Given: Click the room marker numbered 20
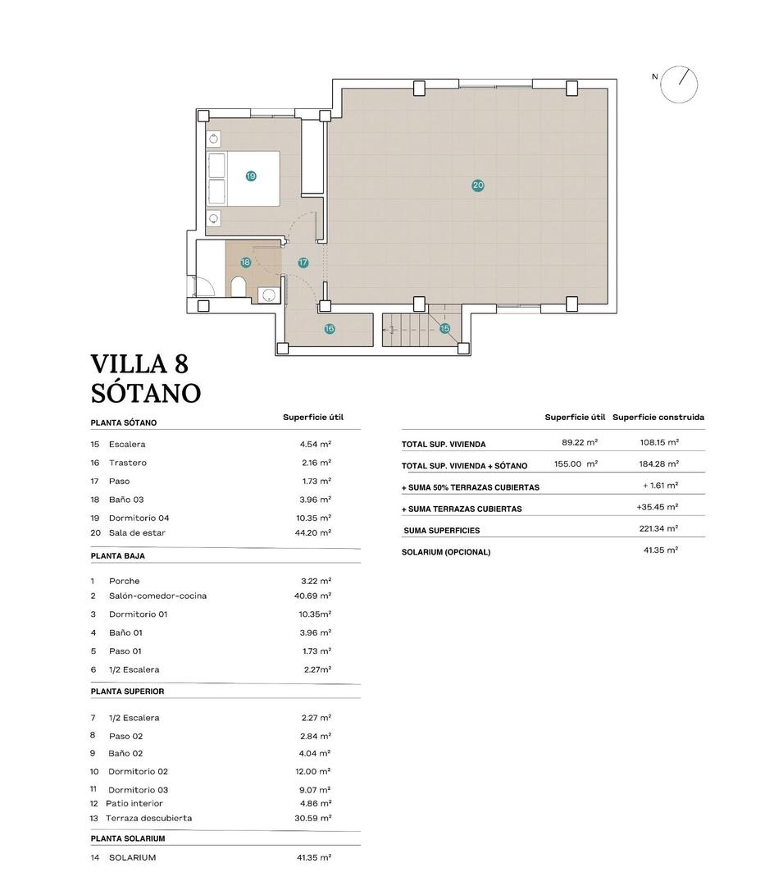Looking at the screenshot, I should click(478, 185).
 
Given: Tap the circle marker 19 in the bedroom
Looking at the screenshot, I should click(251, 176).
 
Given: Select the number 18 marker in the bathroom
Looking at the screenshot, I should click(245, 263).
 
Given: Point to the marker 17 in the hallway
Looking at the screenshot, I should click(303, 263).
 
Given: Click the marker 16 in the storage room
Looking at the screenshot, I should click(330, 329).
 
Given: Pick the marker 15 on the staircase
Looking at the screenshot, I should click(444, 329).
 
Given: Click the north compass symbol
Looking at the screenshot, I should click(679, 84).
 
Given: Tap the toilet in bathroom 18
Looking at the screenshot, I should click(239, 287).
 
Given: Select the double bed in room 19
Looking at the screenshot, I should click(244, 178).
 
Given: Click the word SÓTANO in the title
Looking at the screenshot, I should click(145, 393).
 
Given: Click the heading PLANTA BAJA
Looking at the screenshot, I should click(117, 556).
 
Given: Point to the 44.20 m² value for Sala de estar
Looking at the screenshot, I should click(315, 532).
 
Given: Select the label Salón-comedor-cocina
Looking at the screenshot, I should click(157, 596).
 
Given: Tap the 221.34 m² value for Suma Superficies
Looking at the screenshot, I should click(659, 529).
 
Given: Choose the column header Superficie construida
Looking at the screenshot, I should click(658, 418).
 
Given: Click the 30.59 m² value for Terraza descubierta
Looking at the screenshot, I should click(315, 818).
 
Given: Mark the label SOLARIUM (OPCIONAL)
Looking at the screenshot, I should click(446, 552).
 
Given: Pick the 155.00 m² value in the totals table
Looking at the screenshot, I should click(576, 464).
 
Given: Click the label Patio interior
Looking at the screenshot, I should click(134, 803).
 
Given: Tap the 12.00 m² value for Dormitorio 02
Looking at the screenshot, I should click(315, 771).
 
